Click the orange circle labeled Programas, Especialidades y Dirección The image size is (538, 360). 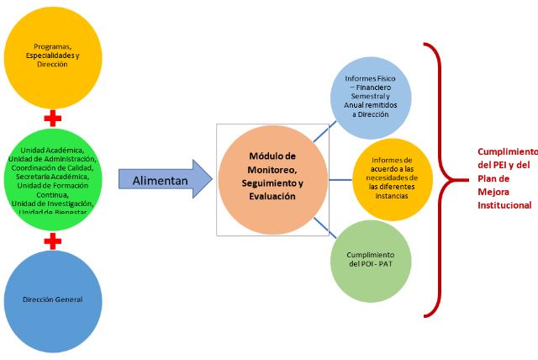[52, 55]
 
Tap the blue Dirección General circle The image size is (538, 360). [52, 299]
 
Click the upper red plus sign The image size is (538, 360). [52, 117]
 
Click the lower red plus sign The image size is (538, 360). [52, 241]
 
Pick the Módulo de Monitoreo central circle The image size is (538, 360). [272, 177]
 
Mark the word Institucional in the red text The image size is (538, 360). [504, 204]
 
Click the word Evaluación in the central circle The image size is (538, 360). [272, 196]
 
